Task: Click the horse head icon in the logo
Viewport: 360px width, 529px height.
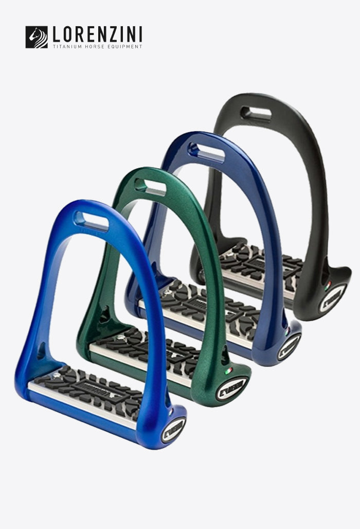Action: tap(37, 37)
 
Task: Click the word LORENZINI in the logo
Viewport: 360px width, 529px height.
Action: tap(98, 35)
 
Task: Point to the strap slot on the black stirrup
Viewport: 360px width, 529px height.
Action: tap(256, 113)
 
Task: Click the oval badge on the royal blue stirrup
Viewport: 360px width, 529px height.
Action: tap(173, 430)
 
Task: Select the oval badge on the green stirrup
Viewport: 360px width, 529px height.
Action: tap(232, 388)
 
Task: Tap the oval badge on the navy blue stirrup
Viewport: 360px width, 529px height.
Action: tap(289, 346)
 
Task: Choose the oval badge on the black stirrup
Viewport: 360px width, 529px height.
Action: tap(332, 298)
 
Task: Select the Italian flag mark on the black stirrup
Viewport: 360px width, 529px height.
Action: tap(327, 284)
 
